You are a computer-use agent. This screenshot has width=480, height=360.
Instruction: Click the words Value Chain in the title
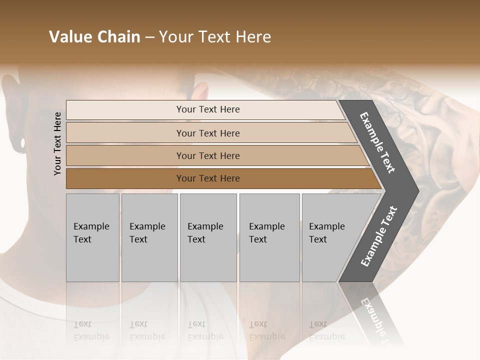click(x=94, y=37)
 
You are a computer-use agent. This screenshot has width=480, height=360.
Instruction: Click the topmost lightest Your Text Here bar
click(x=207, y=109)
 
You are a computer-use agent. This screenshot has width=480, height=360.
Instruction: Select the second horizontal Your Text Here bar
click(x=208, y=133)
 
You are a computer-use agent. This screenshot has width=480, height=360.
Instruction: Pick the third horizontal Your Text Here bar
click(x=208, y=155)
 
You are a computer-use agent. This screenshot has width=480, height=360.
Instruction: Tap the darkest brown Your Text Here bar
click(x=208, y=178)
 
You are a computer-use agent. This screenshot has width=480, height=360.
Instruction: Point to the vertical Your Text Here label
click(x=57, y=143)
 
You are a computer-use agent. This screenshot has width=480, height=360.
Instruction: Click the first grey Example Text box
click(x=92, y=237)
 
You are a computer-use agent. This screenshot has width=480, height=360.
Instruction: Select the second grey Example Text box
click(x=149, y=237)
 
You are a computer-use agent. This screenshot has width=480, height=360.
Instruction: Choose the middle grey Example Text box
click(x=208, y=237)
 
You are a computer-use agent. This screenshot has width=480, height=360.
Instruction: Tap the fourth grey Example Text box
click(x=269, y=237)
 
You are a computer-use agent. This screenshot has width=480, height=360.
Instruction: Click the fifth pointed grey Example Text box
click(x=330, y=237)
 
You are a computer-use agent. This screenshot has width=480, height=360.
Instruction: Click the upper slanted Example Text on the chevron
click(x=377, y=142)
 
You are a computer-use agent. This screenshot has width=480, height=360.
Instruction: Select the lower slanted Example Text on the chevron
click(x=379, y=236)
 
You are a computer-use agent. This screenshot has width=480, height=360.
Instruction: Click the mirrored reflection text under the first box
click(x=91, y=330)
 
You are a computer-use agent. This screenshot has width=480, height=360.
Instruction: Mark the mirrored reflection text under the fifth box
click(x=327, y=330)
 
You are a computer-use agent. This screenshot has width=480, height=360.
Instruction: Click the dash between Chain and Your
click(x=149, y=37)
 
